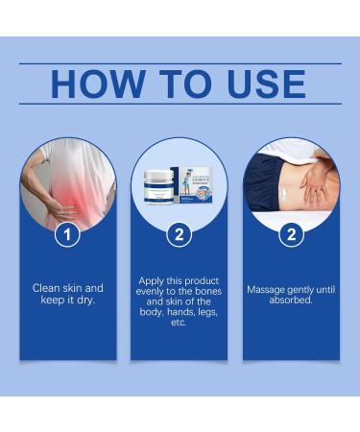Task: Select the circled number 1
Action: (x=66, y=233)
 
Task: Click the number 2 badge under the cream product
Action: (x=179, y=233)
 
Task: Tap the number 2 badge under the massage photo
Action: (x=291, y=233)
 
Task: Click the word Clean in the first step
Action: (x=49, y=287)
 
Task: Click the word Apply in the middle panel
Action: (x=152, y=281)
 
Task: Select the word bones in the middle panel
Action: (x=204, y=292)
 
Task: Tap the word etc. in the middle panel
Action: (x=179, y=324)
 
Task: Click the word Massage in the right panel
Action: (x=265, y=287)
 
